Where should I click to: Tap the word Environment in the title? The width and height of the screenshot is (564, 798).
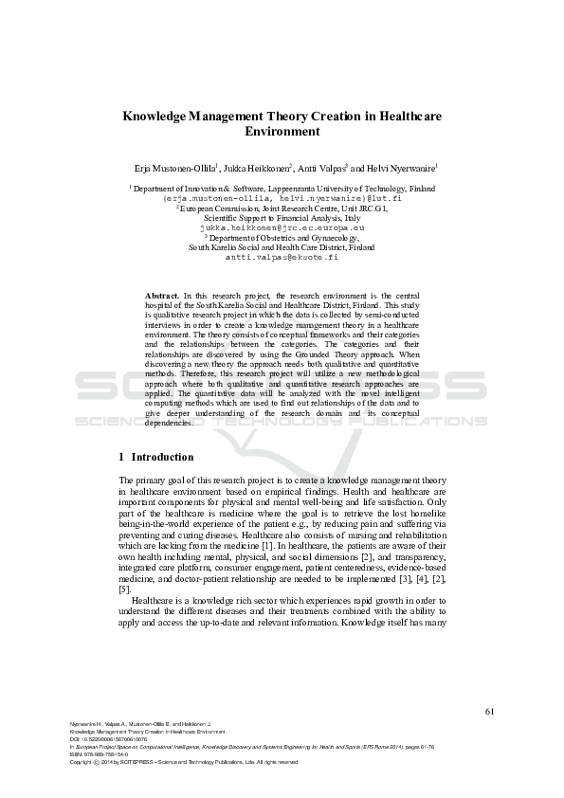pyautogui.click(x=282, y=133)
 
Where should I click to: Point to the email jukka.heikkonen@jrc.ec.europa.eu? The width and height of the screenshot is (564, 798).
pyautogui.click(x=282, y=228)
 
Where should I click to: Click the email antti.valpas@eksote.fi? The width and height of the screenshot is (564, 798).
pyautogui.click(x=282, y=257)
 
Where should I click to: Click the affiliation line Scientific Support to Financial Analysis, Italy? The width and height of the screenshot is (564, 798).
pyautogui.click(x=282, y=218)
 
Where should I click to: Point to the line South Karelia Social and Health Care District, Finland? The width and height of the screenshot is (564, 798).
pyautogui.click(x=282, y=247)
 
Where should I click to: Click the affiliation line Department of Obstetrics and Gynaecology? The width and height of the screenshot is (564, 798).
pyautogui.click(x=282, y=238)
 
